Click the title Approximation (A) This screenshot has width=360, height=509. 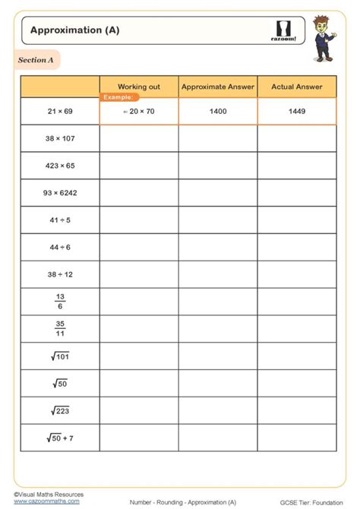(x=74, y=30)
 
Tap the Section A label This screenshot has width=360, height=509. (x=34, y=60)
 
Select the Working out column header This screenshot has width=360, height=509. (x=139, y=87)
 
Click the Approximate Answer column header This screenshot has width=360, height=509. (x=218, y=87)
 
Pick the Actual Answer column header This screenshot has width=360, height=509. (x=297, y=87)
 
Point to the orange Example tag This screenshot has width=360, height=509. (x=119, y=97)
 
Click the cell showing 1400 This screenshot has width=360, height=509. (x=218, y=112)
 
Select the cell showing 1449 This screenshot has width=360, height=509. (x=297, y=112)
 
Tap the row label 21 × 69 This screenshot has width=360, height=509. (x=60, y=112)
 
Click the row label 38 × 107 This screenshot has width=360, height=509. (x=60, y=139)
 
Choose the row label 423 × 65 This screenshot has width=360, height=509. (x=60, y=166)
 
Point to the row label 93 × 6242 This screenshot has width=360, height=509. (x=60, y=193)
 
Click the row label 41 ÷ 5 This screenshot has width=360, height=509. (x=60, y=220)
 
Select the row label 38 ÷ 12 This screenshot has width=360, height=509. (x=60, y=274)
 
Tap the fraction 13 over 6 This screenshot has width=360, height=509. (x=60, y=302)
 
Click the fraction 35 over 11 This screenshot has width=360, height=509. (x=60, y=329)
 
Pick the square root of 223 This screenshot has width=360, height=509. (x=60, y=410)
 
